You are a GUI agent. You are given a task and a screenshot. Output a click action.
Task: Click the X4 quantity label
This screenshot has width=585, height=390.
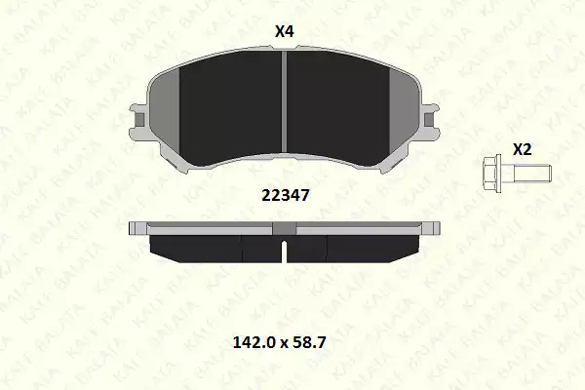click(285, 31)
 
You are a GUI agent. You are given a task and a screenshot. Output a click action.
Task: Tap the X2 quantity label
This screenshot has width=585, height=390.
click(522, 149)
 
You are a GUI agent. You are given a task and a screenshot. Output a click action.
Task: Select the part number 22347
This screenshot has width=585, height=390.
click(286, 195)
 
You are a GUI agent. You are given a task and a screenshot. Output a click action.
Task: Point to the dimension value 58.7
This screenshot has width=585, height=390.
click(310, 342)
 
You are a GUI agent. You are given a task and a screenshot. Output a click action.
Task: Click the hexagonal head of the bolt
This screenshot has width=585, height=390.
click(492, 175)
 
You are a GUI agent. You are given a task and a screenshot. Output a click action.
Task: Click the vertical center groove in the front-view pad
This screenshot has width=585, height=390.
click(284, 101)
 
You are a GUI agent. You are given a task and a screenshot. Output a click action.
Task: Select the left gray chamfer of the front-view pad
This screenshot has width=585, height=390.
click(164, 112)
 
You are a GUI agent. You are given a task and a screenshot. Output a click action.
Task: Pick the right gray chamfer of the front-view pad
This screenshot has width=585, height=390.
click(405, 112)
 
